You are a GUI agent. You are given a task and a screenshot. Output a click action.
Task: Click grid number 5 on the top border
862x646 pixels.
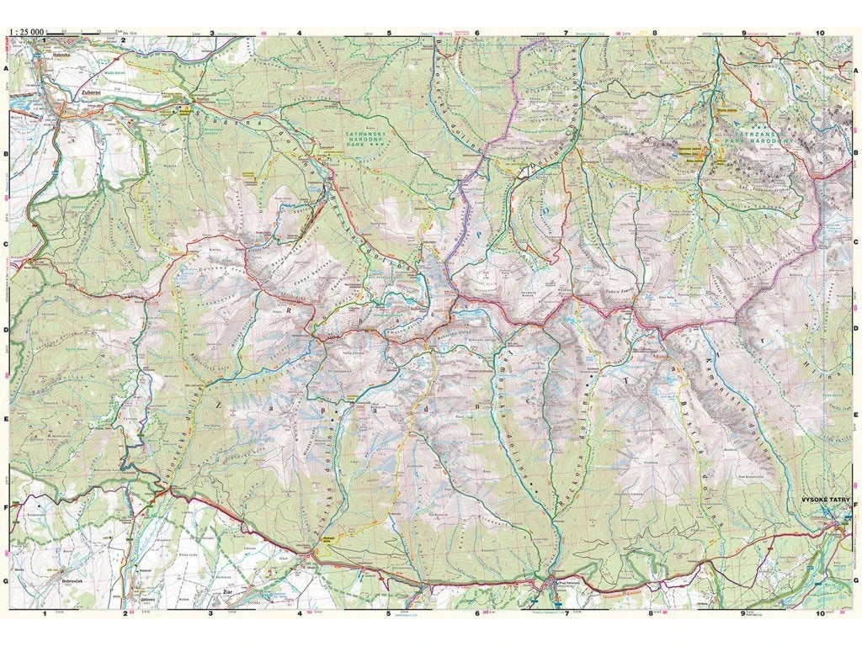[x=389, y=35]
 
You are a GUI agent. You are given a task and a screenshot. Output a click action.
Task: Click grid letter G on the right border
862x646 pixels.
[x=856, y=580]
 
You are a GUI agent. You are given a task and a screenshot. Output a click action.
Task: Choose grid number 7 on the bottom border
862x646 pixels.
[x=566, y=615]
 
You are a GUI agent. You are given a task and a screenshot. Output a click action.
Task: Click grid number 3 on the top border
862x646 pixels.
[x=211, y=35]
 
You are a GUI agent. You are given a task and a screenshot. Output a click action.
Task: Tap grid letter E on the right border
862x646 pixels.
[x=856, y=417]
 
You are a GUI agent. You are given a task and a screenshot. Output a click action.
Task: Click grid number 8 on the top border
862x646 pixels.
[x=653, y=35]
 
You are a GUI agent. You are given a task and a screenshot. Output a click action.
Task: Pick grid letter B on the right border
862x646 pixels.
[x=856, y=156]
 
